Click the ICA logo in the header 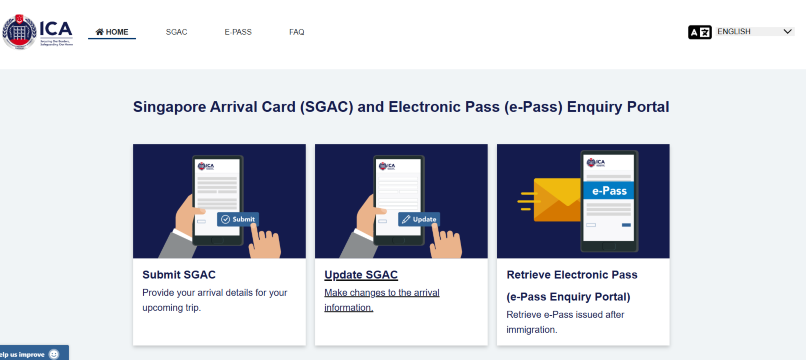(x=37, y=31)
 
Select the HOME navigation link (x=112, y=32)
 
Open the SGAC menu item (x=176, y=32)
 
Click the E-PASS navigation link (x=238, y=32)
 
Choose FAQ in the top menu (x=297, y=32)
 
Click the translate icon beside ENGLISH (x=700, y=32)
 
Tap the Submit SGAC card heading (x=179, y=274)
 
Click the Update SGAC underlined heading (x=361, y=274)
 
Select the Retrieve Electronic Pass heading (x=572, y=274)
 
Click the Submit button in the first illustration (x=239, y=219)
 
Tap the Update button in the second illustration (x=419, y=219)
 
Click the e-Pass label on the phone (x=609, y=190)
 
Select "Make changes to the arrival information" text (x=382, y=300)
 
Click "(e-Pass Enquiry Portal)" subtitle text (x=569, y=297)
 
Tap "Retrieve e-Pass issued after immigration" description (x=564, y=322)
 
